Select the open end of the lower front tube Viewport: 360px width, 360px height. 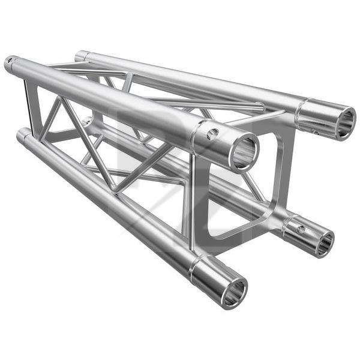pyautogui.click(x=233, y=293)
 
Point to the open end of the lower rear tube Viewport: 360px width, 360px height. pyautogui.click(x=323, y=242)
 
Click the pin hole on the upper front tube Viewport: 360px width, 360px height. pyautogui.click(x=212, y=134)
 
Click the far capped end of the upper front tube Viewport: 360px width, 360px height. pyautogui.click(x=10, y=62)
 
